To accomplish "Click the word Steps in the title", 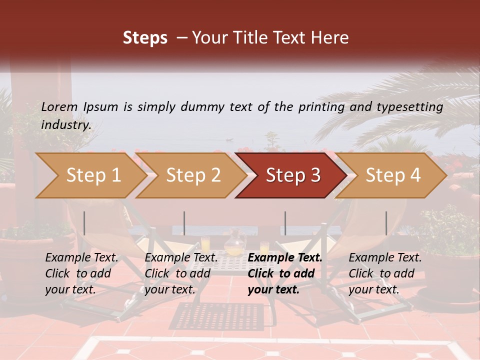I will (145, 38).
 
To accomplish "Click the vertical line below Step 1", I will (84, 223).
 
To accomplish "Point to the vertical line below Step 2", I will (184, 223).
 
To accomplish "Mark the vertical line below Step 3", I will (285, 223).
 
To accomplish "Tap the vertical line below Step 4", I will (386, 223).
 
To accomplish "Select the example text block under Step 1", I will (81, 273).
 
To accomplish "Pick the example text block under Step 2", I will (181, 273).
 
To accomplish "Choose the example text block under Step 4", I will (385, 273).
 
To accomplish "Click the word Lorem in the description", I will (59, 107).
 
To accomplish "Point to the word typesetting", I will (407, 107).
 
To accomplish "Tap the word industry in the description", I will (65, 125).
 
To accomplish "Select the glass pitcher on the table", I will (233, 243).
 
